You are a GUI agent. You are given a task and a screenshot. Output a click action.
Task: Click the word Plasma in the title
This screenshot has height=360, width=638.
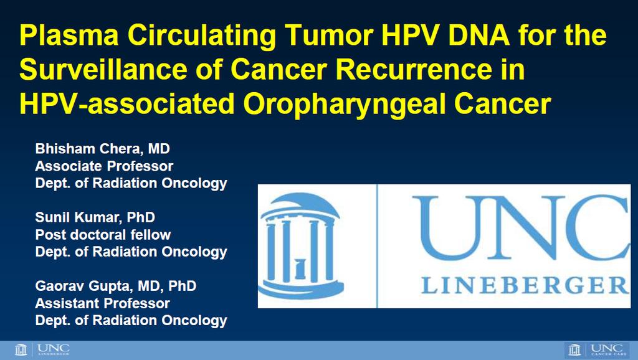[69, 35]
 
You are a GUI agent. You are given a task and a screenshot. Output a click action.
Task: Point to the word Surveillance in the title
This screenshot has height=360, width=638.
[103, 69]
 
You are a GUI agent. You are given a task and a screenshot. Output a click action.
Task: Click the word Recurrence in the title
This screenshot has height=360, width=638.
[414, 69]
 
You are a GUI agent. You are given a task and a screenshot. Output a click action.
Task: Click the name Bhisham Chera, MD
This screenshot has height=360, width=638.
[103, 149]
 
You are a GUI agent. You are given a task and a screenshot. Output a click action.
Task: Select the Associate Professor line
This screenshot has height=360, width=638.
[104, 166]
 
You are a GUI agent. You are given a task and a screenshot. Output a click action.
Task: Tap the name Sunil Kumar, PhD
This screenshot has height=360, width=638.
[95, 217]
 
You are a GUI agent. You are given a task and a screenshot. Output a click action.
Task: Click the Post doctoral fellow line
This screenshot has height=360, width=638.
[103, 235]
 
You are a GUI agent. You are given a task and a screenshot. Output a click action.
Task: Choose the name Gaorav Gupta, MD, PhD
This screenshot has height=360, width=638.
[116, 287]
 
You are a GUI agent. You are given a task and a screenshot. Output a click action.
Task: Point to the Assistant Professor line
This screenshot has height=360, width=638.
[103, 303]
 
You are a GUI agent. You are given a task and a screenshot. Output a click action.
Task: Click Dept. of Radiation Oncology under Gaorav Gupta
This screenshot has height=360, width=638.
[131, 321]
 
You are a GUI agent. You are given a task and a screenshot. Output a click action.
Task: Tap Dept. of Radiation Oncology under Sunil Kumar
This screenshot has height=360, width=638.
[131, 252]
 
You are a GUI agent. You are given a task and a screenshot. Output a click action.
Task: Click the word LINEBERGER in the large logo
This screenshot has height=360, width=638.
[525, 285]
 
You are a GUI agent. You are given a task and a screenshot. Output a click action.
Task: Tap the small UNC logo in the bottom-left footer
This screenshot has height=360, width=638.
[42, 350]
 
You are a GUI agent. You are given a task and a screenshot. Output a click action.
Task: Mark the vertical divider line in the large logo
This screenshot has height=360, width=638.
[377, 246]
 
